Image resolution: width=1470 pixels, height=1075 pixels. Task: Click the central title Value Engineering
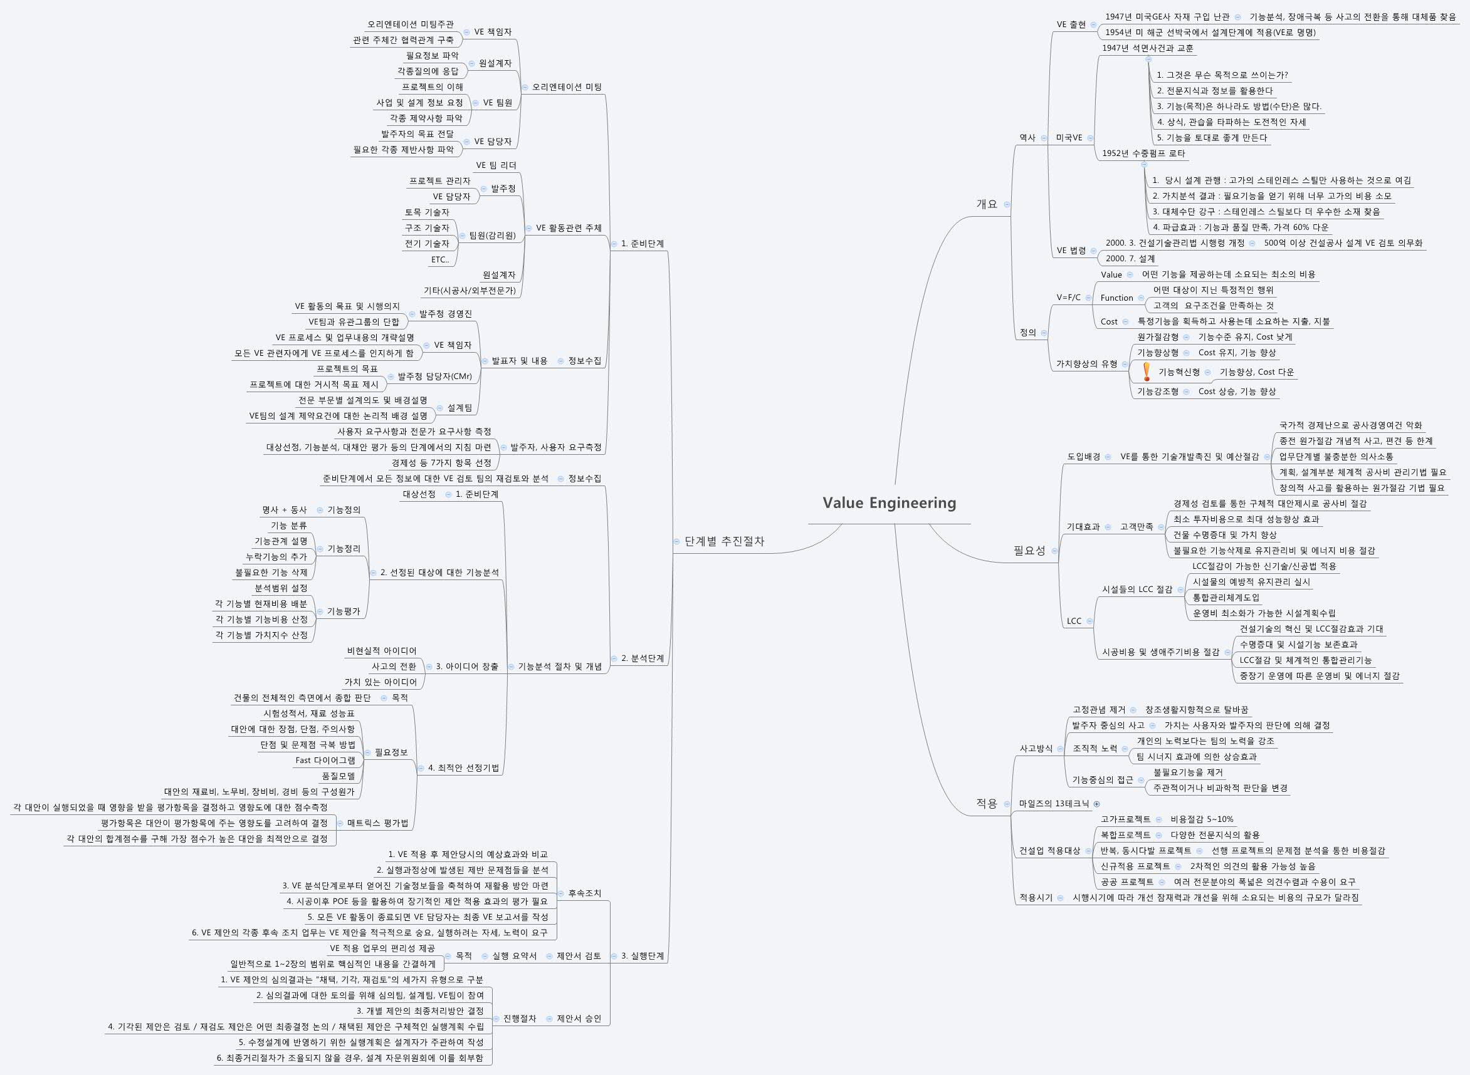(890, 503)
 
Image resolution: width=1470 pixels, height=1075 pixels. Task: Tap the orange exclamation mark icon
(1147, 371)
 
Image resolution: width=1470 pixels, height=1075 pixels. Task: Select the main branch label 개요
(986, 204)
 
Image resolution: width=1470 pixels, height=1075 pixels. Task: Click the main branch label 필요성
(1029, 551)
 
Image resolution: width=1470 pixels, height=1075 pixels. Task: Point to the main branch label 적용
(986, 804)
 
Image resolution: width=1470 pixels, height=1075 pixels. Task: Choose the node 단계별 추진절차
(724, 541)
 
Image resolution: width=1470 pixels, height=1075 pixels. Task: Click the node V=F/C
(1068, 298)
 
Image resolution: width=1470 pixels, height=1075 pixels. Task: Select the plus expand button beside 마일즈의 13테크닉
(1097, 804)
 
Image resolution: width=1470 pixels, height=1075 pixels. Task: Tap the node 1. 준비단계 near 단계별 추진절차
(642, 244)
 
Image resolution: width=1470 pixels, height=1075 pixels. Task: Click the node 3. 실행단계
(642, 956)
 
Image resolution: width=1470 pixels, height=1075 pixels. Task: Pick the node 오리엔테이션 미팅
(567, 87)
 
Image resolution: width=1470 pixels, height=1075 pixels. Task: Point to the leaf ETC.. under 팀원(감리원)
(439, 259)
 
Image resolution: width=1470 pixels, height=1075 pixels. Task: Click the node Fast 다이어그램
(325, 760)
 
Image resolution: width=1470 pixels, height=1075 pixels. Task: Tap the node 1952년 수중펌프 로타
(1143, 153)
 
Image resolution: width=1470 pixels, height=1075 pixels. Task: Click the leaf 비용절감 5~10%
(1202, 819)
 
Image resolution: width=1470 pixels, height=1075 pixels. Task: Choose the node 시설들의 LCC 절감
(1137, 589)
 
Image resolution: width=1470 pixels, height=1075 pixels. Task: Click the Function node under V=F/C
(1116, 298)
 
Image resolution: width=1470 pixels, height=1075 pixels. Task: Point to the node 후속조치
(584, 893)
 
